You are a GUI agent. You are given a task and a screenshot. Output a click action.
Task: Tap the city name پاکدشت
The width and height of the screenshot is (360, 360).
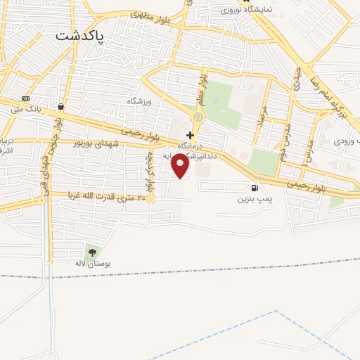point(79,35)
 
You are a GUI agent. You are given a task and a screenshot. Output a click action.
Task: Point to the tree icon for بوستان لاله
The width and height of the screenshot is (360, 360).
point(91,252)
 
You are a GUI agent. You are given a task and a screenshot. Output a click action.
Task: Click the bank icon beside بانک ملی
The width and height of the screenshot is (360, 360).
point(26,98)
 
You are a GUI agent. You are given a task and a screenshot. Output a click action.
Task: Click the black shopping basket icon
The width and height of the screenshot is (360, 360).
point(61,107)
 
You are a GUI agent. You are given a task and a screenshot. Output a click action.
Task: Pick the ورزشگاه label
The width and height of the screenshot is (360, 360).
point(139,101)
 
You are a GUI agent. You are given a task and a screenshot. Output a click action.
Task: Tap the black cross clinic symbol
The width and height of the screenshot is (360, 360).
point(189,134)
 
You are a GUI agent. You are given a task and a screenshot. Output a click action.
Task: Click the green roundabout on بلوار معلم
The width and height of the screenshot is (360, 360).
point(198,117)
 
